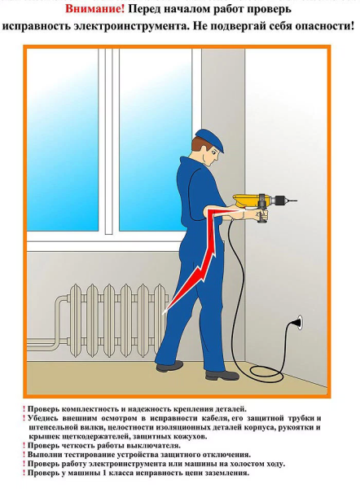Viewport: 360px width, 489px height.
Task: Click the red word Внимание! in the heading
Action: (94, 9)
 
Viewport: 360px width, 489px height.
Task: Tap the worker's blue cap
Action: (210, 139)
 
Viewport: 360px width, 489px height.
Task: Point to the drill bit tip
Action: (296, 200)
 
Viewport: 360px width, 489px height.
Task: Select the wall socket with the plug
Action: (297, 322)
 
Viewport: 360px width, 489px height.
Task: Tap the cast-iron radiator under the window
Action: (118, 320)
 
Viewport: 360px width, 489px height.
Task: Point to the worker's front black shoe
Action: (217, 375)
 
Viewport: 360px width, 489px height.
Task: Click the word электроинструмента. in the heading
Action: (132, 25)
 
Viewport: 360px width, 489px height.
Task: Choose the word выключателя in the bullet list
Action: (153, 446)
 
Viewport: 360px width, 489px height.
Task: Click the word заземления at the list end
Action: (227, 473)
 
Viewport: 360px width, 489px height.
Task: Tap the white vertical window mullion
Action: (109, 141)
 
